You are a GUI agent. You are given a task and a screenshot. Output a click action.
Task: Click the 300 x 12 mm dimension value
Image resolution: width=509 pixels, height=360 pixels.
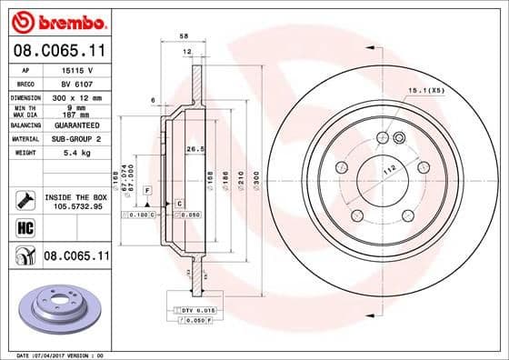pos(75,96)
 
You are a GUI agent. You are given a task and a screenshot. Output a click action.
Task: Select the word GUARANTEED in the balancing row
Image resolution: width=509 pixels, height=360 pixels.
pos(75,125)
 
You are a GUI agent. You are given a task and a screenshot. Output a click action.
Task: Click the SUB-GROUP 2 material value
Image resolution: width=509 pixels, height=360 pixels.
pos(75,139)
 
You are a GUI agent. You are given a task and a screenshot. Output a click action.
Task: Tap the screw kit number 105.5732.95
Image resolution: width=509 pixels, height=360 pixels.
pos(75,206)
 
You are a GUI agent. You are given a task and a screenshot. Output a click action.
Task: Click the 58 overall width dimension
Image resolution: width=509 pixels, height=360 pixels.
pos(185,35)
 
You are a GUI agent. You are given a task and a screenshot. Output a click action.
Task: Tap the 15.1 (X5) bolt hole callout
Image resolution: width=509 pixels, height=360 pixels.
pos(426,90)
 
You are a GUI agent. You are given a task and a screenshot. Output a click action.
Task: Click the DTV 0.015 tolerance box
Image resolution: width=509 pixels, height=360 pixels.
pos(194,312)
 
